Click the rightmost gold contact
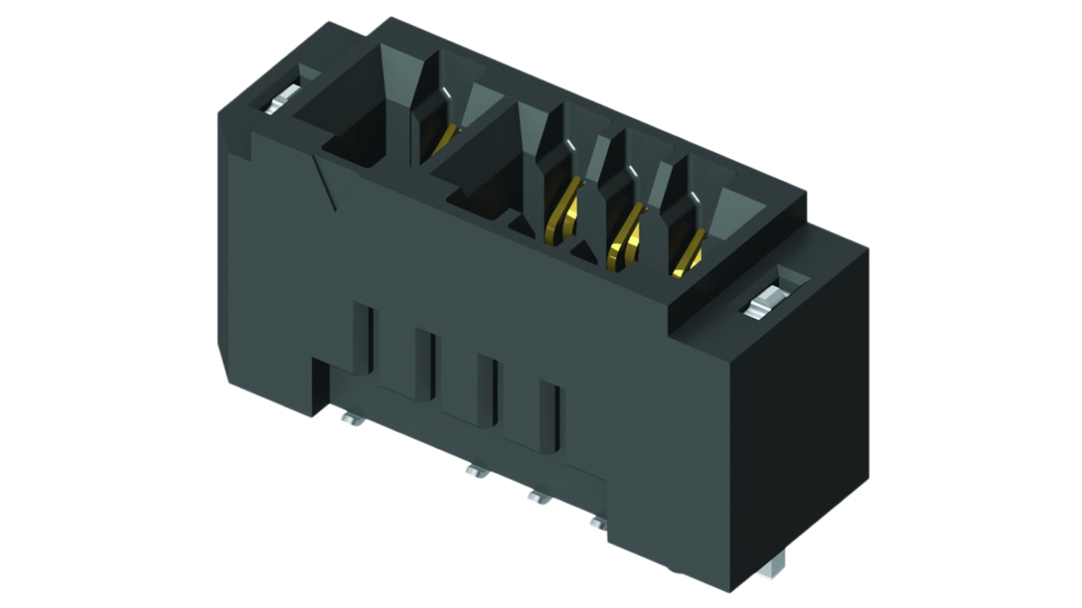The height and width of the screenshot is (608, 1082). point(688,252)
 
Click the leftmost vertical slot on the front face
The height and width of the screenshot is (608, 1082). point(365,339)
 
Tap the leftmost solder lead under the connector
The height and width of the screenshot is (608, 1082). point(353,418)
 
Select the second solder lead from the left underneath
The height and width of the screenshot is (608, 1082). point(476,472)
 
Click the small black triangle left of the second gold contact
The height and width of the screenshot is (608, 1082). point(522,223)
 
